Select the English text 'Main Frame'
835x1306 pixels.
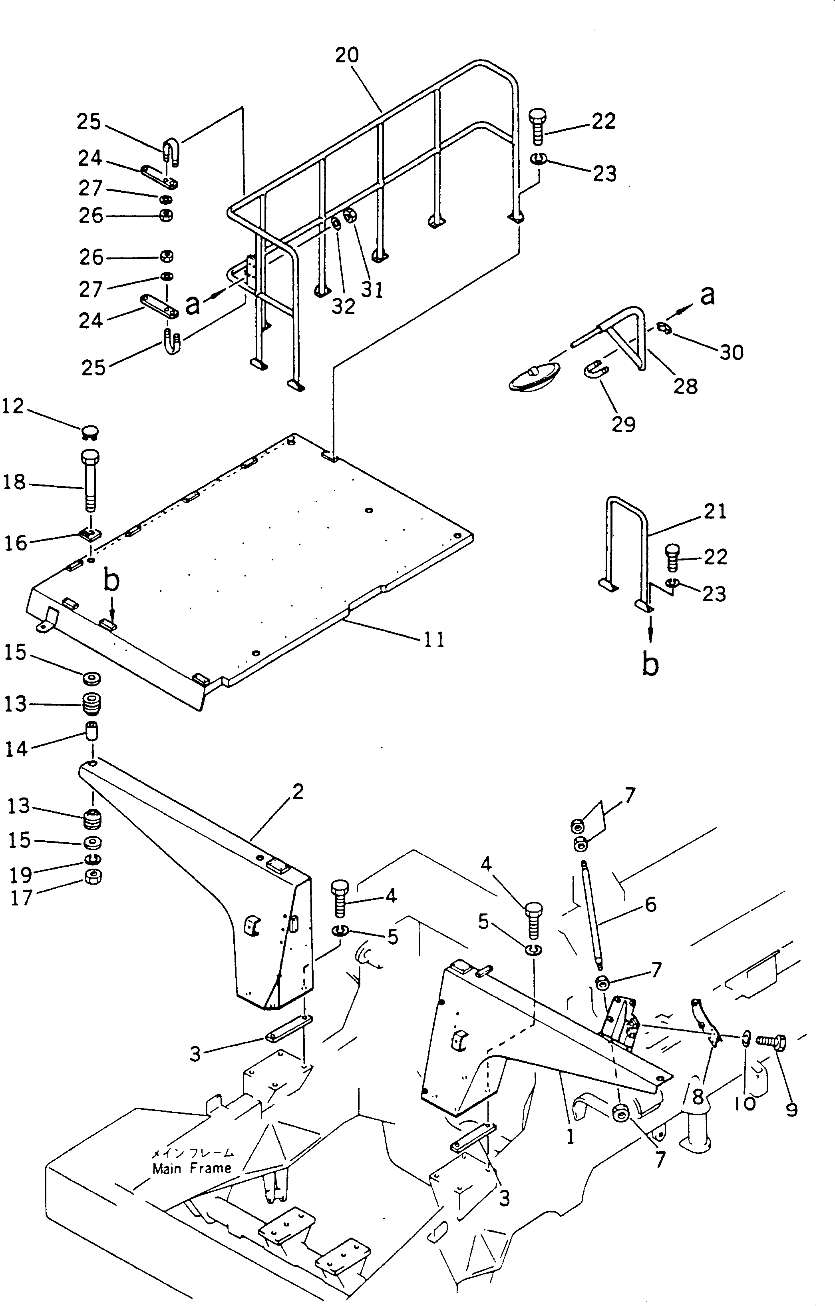192,1168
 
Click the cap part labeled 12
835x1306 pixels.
89,432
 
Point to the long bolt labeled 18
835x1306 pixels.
89,480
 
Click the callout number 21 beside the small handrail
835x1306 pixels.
715,511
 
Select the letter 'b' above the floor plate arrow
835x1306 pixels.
111,581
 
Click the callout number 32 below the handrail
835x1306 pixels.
343,307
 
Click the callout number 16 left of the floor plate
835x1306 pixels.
15,543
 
